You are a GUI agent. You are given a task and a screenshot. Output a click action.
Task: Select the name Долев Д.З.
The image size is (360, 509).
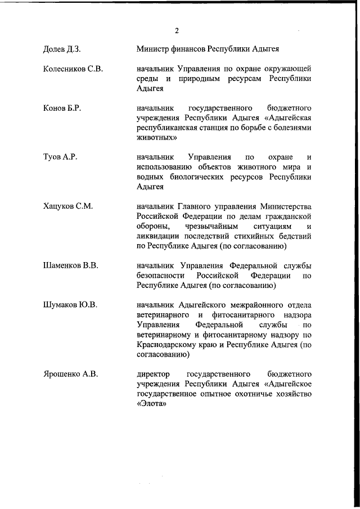[x=62, y=49]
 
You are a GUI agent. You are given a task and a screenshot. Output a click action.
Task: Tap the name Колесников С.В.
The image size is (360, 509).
[x=72, y=69]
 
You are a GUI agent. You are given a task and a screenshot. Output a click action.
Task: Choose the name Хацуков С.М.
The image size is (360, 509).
[x=67, y=206]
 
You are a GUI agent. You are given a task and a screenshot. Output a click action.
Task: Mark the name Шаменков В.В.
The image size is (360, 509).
[x=71, y=265]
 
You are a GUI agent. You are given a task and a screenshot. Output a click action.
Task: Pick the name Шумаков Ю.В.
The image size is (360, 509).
[x=70, y=305]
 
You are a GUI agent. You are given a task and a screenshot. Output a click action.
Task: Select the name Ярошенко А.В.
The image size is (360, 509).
[x=70, y=374]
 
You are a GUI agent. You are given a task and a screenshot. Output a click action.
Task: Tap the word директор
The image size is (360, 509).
[x=154, y=374]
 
